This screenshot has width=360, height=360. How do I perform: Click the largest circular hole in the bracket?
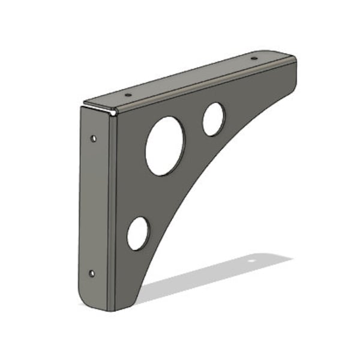[x=165, y=146]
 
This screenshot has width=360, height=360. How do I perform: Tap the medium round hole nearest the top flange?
[x=214, y=119]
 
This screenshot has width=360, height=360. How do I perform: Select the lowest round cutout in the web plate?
[x=138, y=233]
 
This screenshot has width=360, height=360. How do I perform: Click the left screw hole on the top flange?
[x=127, y=95]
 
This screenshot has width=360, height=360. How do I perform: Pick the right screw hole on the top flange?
[x=253, y=59]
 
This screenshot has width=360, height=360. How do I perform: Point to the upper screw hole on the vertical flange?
[x=93, y=139]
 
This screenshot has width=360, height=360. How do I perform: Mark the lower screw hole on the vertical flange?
[x=91, y=274]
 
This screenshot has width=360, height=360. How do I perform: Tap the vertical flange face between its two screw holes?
[x=92, y=207]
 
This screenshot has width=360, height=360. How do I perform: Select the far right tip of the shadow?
[x=292, y=259]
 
